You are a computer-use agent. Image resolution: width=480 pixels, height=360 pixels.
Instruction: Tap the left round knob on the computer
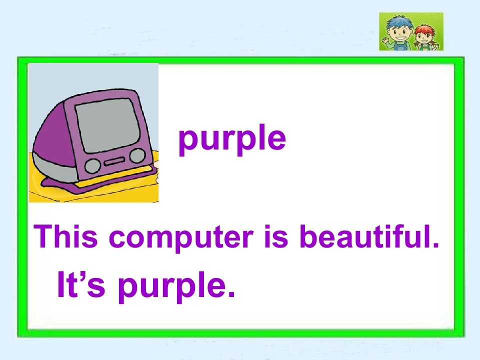click(92, 165)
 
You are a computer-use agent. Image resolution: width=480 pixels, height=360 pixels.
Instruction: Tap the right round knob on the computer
click(137, 156)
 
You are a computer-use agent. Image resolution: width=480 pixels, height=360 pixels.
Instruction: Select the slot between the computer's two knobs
click(114, 161)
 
